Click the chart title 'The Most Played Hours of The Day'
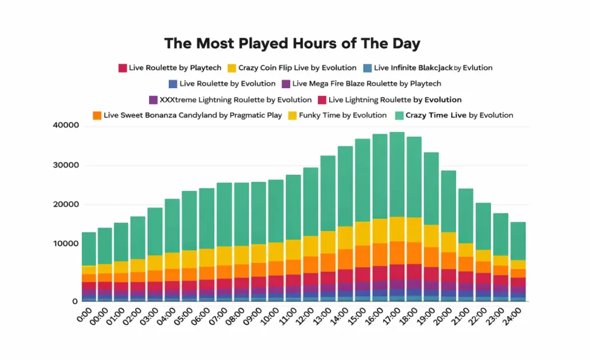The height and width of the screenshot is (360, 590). click(292, 44)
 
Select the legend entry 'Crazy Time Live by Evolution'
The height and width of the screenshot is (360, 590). click(459, 115)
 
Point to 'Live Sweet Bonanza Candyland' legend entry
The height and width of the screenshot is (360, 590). click(192, 115)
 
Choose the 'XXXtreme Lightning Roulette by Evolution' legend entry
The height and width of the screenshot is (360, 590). click(235, 100)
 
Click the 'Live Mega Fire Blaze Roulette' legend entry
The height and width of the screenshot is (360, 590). click(366, 84)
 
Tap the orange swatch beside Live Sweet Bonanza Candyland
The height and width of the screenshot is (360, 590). click(97, 115)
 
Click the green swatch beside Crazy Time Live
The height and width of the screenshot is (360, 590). click(399, 115)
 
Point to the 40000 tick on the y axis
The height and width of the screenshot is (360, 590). click(65, 126)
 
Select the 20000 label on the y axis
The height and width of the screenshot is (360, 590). click(65, 204)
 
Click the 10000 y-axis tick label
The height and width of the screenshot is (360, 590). click(65, 244)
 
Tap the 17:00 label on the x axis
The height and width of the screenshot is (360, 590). click(392, 316)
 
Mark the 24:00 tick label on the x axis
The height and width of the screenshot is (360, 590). click(513, 316)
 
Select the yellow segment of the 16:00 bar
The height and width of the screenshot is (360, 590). click(380, 231)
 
